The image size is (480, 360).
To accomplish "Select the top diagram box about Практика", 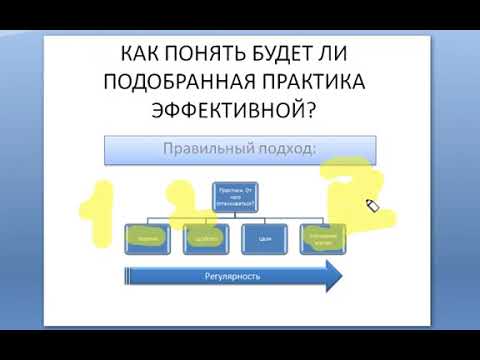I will coord(238,196).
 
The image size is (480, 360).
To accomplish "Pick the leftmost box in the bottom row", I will coord(151,239).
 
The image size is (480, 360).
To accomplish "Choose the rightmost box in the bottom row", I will coord(327,239).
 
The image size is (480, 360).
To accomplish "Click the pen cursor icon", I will coord(372,206).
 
